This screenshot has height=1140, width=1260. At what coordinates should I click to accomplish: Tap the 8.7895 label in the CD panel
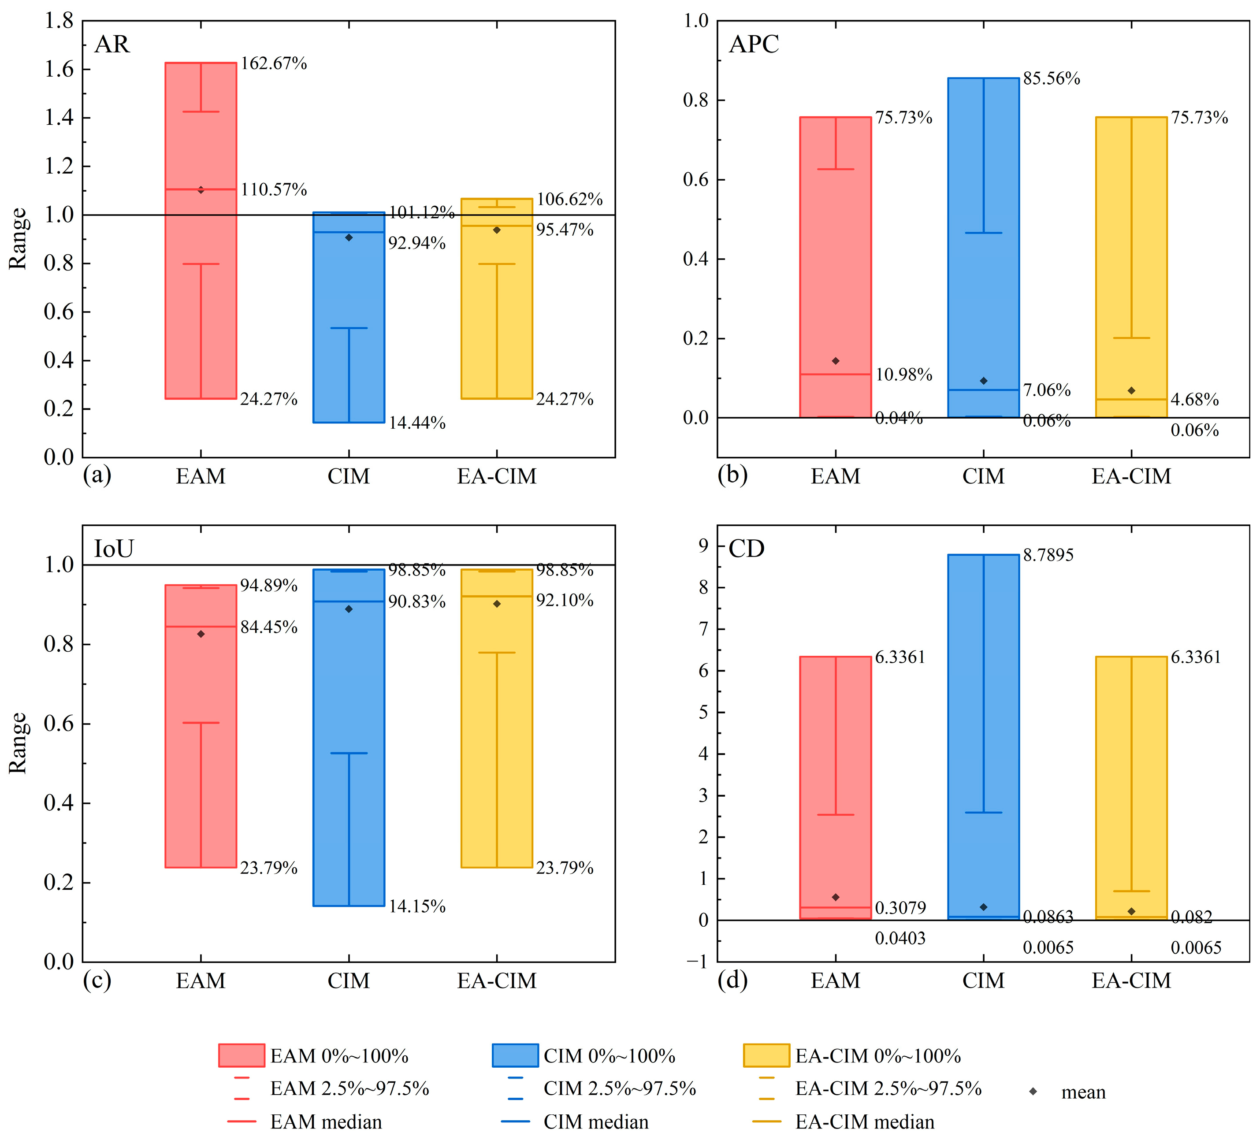pyautogui.click(x=1048, y=554)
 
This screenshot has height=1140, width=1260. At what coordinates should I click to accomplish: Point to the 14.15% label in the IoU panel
pyautogui.click(x=417, y=906)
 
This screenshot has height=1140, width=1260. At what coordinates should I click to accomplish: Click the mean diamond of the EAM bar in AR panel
pyautogui.click(x=201, y=190)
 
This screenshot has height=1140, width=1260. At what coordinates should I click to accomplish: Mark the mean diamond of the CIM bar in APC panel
pyautogui.click(x=983, y=381)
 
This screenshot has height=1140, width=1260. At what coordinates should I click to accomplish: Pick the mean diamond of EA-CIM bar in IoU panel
pyautogui.click(x=497, y=604)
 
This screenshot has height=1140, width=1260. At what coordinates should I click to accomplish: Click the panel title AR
pyautogui.click(x=112, y=45)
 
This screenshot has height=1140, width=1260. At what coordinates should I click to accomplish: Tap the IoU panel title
pyautogui.click(x=114, y=549)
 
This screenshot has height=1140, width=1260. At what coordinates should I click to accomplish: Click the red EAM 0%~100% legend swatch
pyautogui.click(x=241, y=1056)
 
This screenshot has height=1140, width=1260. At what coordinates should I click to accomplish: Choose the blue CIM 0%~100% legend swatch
pyautogui.click(x=515, y=1056)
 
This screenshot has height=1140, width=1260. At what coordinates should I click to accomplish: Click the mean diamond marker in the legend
pyautogui.click(x=1033, y=1091)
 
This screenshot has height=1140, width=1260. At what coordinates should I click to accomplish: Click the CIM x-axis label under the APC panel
pyautogui.click(x=983, y=476)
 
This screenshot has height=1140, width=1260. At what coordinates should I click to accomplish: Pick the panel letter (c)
pyautogui.click(x=97, y=980)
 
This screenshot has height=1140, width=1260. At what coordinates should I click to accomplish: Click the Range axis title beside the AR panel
pyautogui.click(x=18, y=239)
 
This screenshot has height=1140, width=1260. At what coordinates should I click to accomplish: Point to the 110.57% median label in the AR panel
pyautogui.click(x=274, y=189)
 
